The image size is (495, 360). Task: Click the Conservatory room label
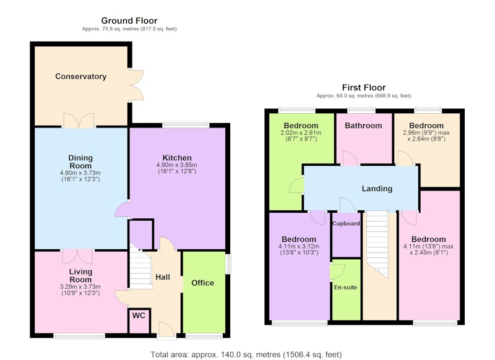[81, 76]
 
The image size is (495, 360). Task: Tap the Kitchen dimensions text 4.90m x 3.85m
[177, 165]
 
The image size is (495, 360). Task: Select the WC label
[139, 315]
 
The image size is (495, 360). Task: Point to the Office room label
[203, 283]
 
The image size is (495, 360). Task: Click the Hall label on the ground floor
[163, 277]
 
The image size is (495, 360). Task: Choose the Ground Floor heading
[129, 20]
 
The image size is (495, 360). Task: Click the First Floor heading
[364, 87]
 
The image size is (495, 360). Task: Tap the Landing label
[377, 189]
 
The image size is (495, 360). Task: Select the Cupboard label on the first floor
[346, 223]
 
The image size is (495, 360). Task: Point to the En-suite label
[346, 288]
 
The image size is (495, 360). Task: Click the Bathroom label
[363, 126]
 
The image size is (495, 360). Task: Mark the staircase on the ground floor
[140, 266]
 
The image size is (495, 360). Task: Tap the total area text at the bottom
[246, 354]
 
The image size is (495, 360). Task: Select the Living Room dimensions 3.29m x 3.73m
[80, 287]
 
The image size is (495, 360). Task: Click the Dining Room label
[80, 162]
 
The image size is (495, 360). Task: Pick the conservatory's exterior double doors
[136, 85]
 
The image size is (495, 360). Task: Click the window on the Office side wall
[228, 264]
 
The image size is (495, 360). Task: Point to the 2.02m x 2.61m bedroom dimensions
[301, 133]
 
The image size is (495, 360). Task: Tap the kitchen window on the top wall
[186, 125]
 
